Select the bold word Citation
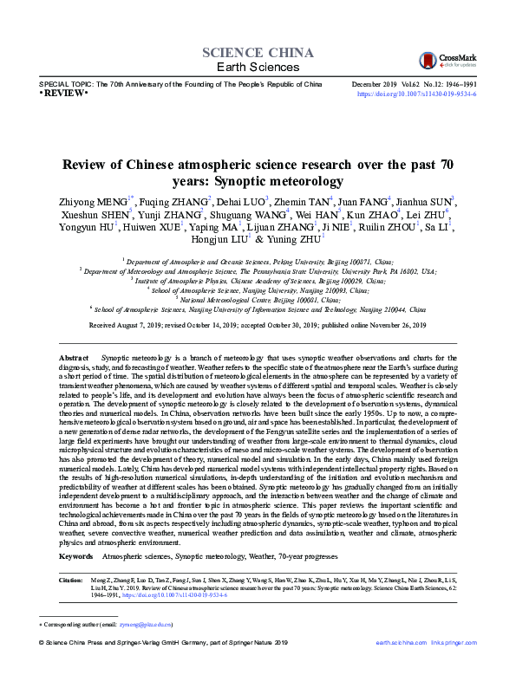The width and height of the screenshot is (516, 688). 70,577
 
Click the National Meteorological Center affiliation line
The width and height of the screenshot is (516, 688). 258,299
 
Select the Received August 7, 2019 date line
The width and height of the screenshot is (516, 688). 258,325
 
